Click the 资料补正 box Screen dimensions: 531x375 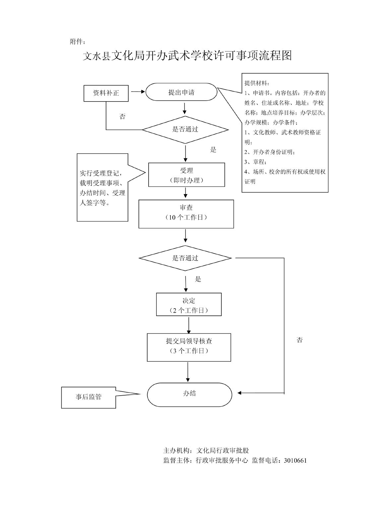click(x=106, y=93)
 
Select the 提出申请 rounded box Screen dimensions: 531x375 click(x=181, y=92)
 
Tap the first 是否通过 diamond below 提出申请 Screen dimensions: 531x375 click(x=185, y=129)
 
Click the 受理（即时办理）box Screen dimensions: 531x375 click(x=186, y=175)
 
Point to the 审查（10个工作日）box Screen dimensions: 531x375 click(x=186, y=214)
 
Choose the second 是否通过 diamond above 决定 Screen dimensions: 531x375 click(x=185, y=258)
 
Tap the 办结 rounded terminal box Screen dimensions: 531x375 click(x=189, y=394)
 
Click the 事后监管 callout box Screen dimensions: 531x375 click(x=89, y=397)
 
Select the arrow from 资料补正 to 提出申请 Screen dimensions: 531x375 click(x=138, y=91)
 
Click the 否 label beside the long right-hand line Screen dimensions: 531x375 click(x=300, y=340)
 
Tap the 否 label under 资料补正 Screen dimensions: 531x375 click(x=122, y=116)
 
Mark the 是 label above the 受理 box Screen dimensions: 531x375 click(x=213, y=150)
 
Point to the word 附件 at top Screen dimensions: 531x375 click(x=77, y=41)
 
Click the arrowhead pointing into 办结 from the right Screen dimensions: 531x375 click(x=240, y=393)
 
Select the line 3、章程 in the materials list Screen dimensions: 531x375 click(x=255, y=162)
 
